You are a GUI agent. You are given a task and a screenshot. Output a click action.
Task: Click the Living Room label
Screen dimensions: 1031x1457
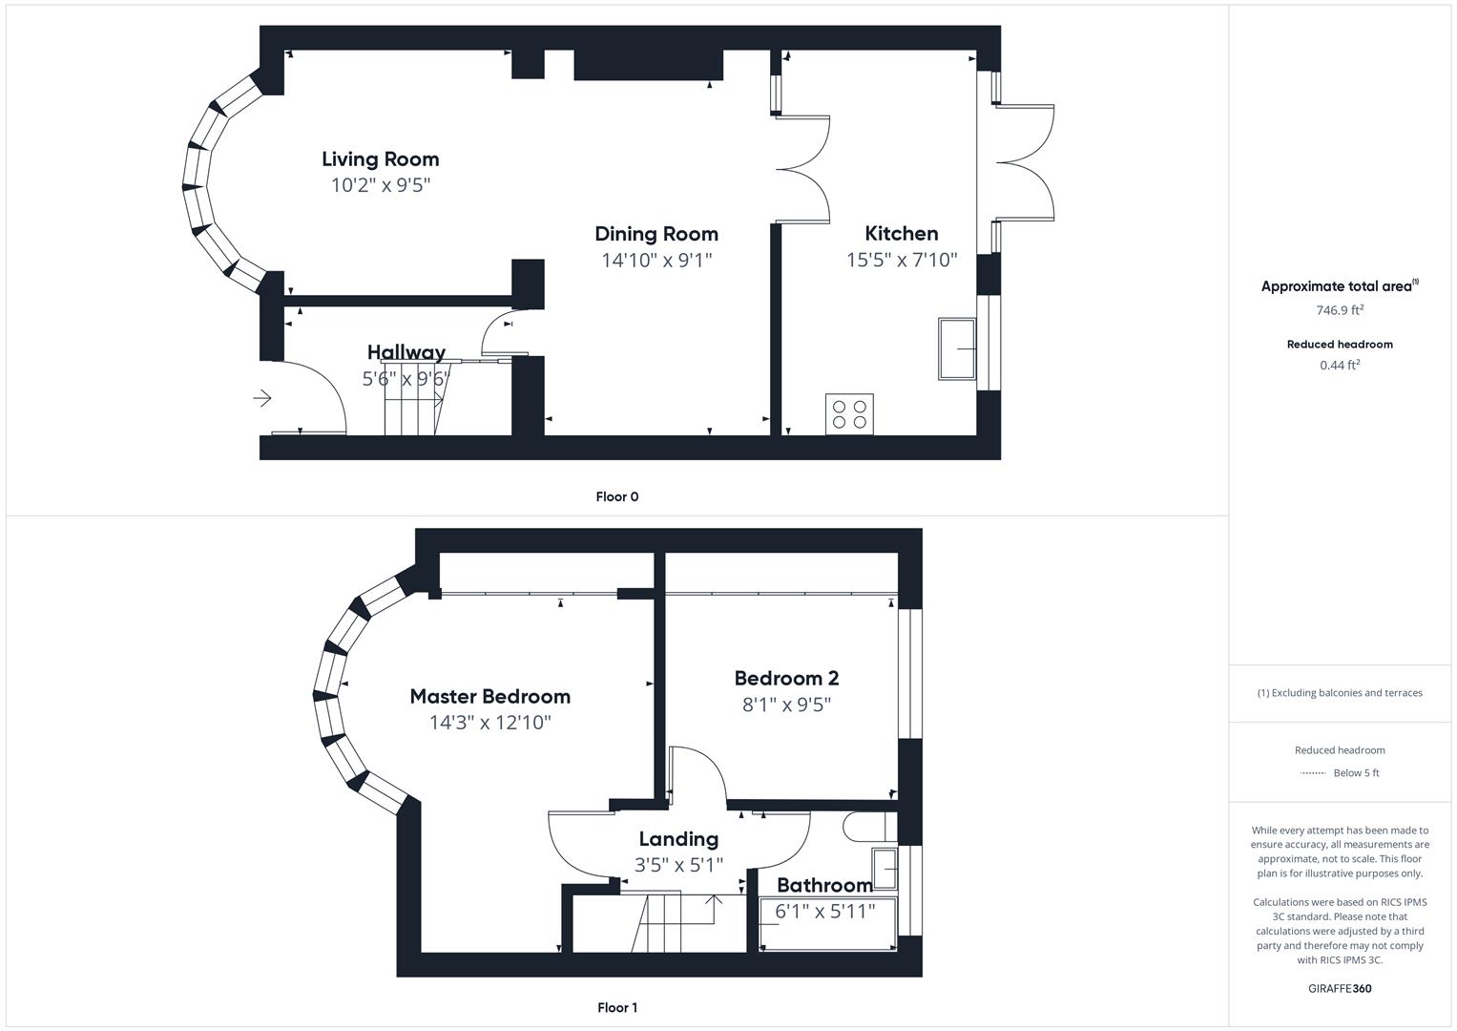click(x=380, y=159)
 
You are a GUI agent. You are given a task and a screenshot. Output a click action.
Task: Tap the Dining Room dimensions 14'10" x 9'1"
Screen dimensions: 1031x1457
click(x=656, y=260)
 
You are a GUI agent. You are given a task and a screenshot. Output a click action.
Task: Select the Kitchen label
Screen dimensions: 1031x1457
click(x=901, y=234)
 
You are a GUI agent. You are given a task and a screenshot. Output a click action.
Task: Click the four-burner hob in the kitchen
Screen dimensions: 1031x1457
click(x=849, y=414)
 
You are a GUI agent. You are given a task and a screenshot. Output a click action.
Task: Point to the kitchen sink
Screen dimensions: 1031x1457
click(x=957, y=348)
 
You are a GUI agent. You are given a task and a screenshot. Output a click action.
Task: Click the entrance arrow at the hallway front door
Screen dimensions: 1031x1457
click(x=262, y=398)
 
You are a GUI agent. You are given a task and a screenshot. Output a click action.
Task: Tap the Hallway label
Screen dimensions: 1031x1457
click(x=406, y=352)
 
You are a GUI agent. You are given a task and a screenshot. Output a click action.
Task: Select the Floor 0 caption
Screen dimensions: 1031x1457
click(x=616, y=496)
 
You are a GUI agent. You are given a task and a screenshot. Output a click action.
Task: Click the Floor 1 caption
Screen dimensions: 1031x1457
click(x=616, y=1007)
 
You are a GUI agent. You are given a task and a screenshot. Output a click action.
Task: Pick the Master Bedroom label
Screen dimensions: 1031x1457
click(x=489, y=697)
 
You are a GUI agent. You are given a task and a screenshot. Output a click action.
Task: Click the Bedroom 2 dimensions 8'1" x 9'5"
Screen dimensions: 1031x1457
click(x=786, y=705)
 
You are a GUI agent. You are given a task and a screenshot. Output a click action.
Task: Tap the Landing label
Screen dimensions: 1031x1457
click(x=678, y=839)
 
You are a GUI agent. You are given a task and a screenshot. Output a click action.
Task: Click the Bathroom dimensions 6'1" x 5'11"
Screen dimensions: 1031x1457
click(x=824, y=912)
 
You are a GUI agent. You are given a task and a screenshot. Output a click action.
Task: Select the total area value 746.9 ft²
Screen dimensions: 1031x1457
click(x=1340, y=310)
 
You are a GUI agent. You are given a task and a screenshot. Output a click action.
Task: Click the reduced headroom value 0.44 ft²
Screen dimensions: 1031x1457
click(x=1340, y=365)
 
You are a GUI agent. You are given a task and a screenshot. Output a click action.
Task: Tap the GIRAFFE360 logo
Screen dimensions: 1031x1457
click(x=1340, y=988)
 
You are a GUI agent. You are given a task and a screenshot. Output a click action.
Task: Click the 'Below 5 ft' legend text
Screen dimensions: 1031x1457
click(x=1356, y=773)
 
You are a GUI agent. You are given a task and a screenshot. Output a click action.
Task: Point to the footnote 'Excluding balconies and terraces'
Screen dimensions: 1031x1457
click(x=1340, y=693)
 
